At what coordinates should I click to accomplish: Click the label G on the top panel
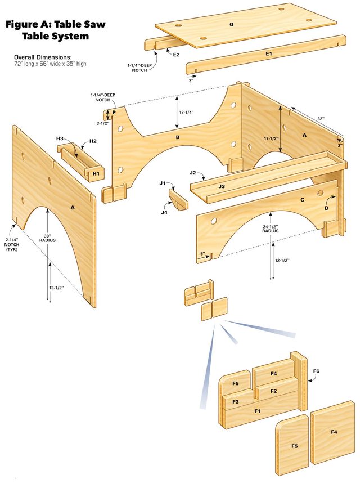231,25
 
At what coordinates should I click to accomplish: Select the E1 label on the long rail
268,53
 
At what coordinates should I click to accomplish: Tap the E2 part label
176,55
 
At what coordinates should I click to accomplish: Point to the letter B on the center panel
177,137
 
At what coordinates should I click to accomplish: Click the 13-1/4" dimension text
186,112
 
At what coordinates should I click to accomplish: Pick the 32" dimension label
320,119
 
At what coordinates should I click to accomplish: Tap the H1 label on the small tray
96,173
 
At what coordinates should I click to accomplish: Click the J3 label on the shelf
221,185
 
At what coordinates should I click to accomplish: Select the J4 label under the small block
164,212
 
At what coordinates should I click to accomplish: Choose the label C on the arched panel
301,200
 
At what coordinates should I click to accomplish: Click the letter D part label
326,208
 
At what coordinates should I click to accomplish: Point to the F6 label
316,371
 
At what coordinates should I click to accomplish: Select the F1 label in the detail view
257,411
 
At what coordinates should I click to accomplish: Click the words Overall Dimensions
43,57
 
